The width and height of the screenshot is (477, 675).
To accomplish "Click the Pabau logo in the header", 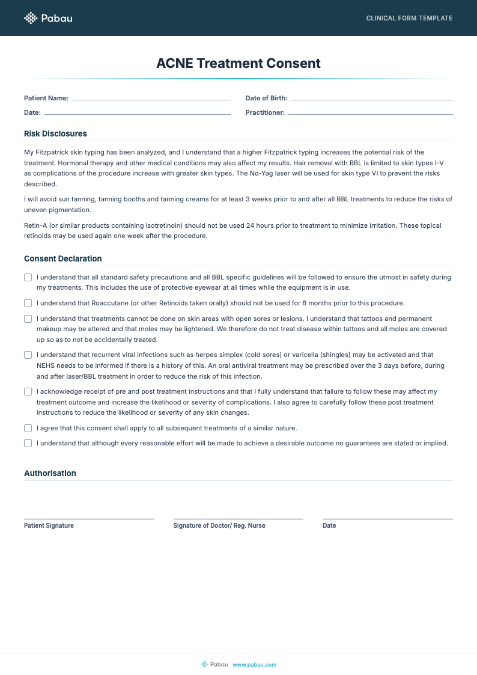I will pyautogui.click(x=48, y=18).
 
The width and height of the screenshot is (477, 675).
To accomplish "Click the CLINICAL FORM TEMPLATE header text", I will pyautogui.click(x=409, y=18).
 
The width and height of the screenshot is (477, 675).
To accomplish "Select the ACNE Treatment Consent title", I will pyautogui.click(x=239, y=63).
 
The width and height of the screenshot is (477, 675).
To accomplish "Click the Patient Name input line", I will pyautogui.click(x=151, y=99).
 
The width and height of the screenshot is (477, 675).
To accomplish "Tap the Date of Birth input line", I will pyautogui.click(x=371, y=99).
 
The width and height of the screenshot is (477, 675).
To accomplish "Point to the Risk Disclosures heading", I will pyautogui.click(x=55, y=133).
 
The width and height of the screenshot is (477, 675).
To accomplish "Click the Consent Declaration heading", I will pyautogui.click(x=63, y=258).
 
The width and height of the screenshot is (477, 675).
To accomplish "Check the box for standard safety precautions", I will pyautogui.click(x=28, y=278).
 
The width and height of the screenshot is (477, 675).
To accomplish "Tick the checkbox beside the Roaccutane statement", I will pyautogui.click(x=28, y=303).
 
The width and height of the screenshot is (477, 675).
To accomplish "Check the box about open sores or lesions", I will pyautogui.click(x=28, y=319).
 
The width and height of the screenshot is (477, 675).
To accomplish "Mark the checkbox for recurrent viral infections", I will pyautogui.click(x=28, y=355).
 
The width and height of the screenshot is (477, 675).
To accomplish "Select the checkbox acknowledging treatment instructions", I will pyautogui.click(x=28, y=392).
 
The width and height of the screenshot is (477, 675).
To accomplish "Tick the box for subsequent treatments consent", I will pyautogui.click(x=28, y=428).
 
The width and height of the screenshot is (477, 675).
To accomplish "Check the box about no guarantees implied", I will pyautogui.click(x=28, y=444).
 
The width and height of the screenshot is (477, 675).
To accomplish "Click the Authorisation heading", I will pyautogui.click(x=50, y=473).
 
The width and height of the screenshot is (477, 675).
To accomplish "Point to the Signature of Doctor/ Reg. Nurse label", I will pyautogui.click(x=219, y=525).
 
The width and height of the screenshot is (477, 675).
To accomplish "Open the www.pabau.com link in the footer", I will pyautogui.click(x=254, y=664).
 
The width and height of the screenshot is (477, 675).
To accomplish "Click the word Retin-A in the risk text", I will pyautogui.click(x=35, y=225).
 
